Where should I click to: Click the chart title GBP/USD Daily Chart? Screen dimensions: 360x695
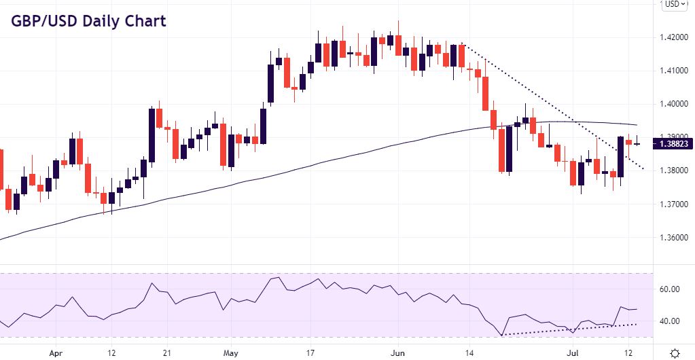pyautogui.click(x=88, y=21)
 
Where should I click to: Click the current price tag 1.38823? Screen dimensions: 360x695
pyautogui.click(x=673, y=144)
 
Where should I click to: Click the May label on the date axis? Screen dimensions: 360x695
pyautogui.click(x=232, y=353)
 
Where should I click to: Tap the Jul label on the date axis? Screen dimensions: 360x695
pyautogui.click(x=572, y=353)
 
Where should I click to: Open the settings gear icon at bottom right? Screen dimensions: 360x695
pyautogui.click(x=675, y=353)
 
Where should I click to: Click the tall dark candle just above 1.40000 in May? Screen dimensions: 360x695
pyautogui.click(x=270, y=84)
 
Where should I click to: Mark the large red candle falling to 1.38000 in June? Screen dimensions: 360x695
pyautogui.click(x=501, y=150)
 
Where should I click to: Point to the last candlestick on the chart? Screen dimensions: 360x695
pyautogui.click(x=637, y=143)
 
